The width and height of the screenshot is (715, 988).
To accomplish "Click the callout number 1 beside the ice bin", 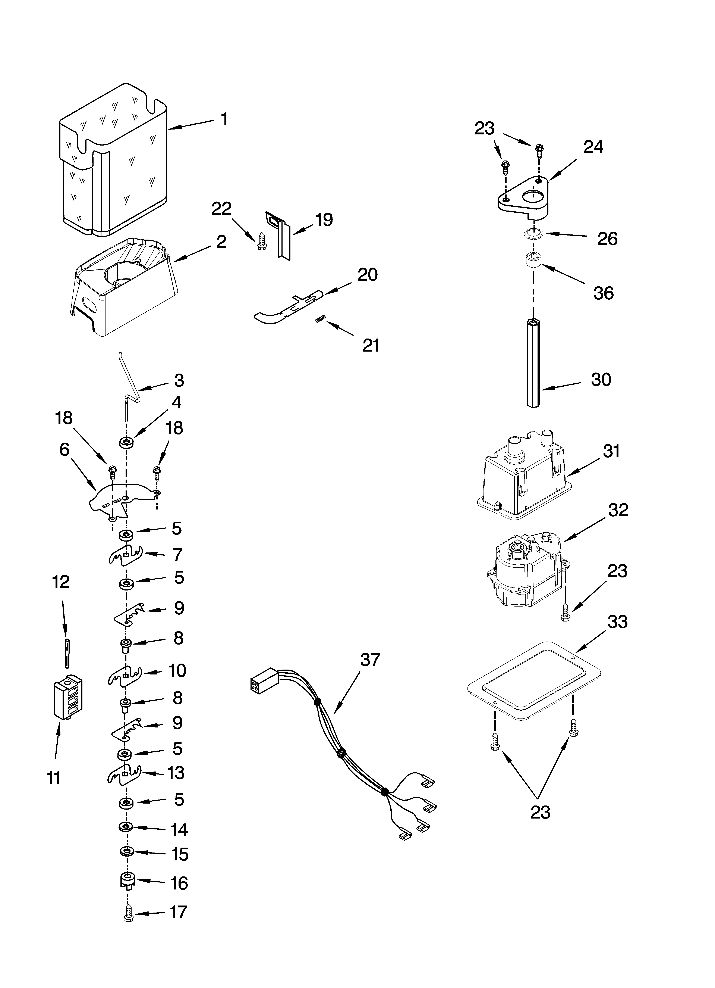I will [x=224, y=119].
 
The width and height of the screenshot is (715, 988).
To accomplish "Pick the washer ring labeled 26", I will [x=531, y=234].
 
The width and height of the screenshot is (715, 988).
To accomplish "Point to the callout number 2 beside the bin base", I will [x=221, y=242].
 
